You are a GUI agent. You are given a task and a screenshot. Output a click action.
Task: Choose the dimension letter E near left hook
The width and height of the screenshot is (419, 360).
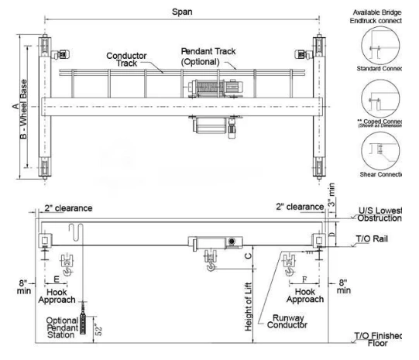coord(57,279)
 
